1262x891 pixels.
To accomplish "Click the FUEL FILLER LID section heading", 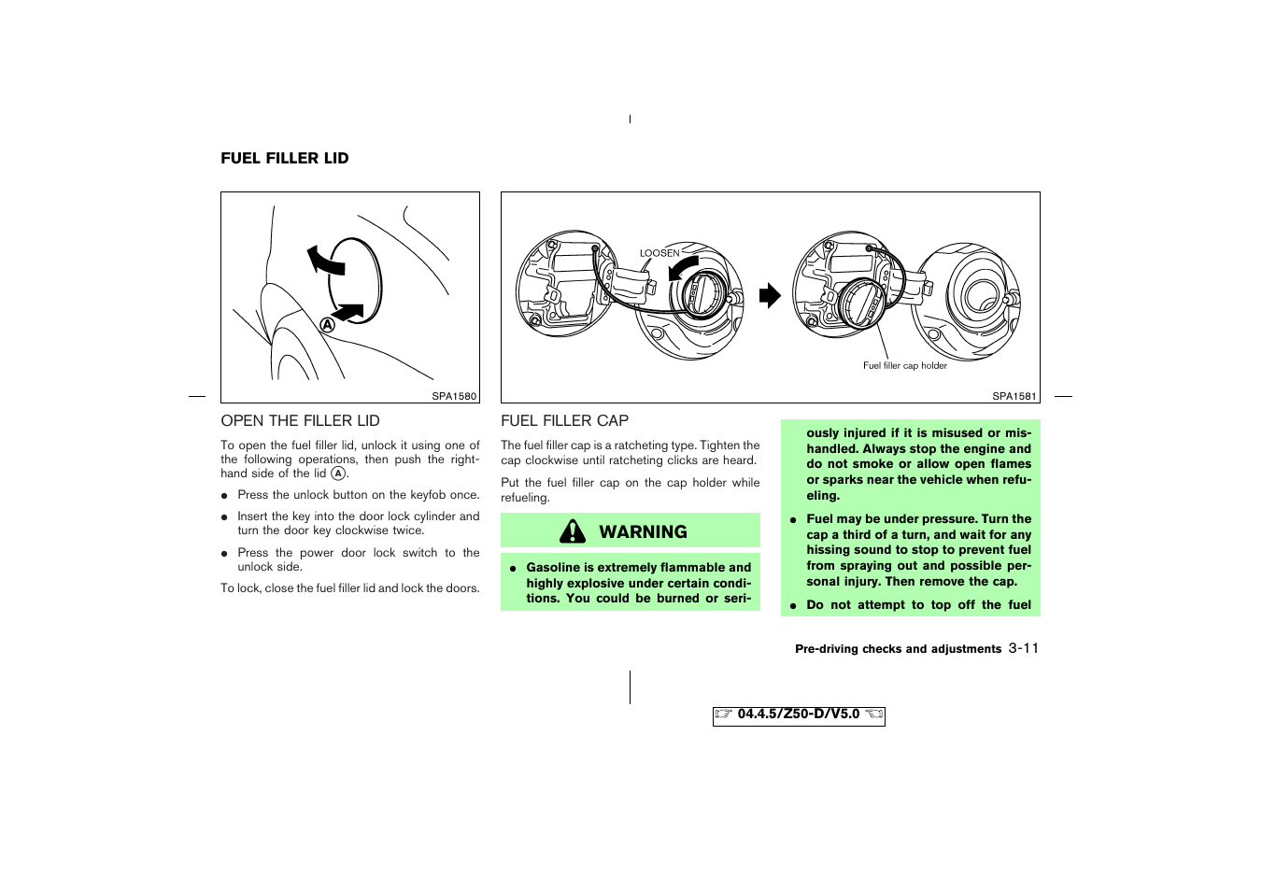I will pyautogui.click(x=284, y=159).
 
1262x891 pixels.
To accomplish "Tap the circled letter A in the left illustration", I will pyautogui.click(x=328, y=325).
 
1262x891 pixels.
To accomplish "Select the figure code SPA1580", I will pyautogui.click(x=454, y=396).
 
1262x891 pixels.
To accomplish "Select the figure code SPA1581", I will pyautogui.click(x=1014, y=396).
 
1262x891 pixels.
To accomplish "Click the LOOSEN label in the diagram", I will pyautogui.click(x=659, y=253).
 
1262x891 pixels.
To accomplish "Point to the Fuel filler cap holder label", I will pyautogui.click(x=904, y=366).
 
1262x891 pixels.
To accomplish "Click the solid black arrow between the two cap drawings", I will pyautogui.click(x=769, y=296).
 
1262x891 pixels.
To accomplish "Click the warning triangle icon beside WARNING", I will pyautogui.click(x=573, y=531).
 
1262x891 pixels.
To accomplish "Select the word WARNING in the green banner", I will pyautogui.click(x=643, y=531).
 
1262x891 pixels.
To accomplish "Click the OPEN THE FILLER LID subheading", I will pyautogui.click(x=300, y=421).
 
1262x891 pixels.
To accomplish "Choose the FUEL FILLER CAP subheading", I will pyautogui.click(x=564, y=421).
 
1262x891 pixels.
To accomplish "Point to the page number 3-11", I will pyautogui.click(x=1024, y=648).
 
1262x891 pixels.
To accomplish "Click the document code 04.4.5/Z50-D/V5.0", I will pyautogui.click(x=798, y=714).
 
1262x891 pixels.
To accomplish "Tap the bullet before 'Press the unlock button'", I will pyautogui.click(x=225, y=496).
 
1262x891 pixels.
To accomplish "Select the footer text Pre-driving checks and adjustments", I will pyautogui.click(x=898, y=649).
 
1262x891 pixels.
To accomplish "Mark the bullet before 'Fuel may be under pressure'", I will pyautogui.click(x=792, y=520).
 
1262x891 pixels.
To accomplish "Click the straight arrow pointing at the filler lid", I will pyautogui.click(x=347, y=313).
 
